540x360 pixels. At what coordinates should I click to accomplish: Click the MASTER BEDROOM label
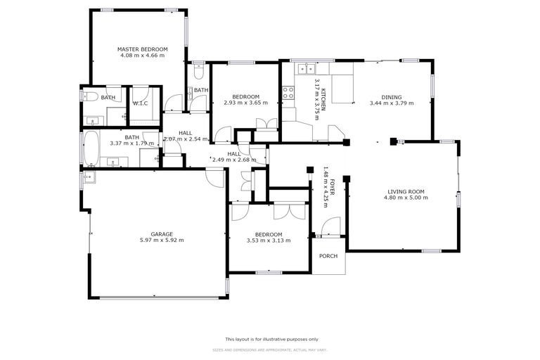(x=142, y=49)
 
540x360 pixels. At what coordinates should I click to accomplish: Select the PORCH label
(x=328, y=256)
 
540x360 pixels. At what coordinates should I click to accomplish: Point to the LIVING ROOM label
(x=408, y=191)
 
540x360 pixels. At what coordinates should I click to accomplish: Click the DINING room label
(x=392, y=97)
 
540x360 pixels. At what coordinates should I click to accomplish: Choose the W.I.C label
(x=139, y=103)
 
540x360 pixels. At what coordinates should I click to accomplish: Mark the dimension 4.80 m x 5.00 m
(x=408, y=198)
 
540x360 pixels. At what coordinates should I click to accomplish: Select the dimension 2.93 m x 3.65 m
(x=246, y=103)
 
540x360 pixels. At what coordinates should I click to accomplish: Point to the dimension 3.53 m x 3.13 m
(x=269, y=240)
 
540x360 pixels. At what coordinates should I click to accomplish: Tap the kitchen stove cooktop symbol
(x=288, y=91)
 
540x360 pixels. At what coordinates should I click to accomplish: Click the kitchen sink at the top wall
(x=305, y=68)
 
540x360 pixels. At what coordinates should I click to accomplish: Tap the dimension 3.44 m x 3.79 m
(x=392, y=103)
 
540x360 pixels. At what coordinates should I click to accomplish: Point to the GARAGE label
(x=162, y=234)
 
